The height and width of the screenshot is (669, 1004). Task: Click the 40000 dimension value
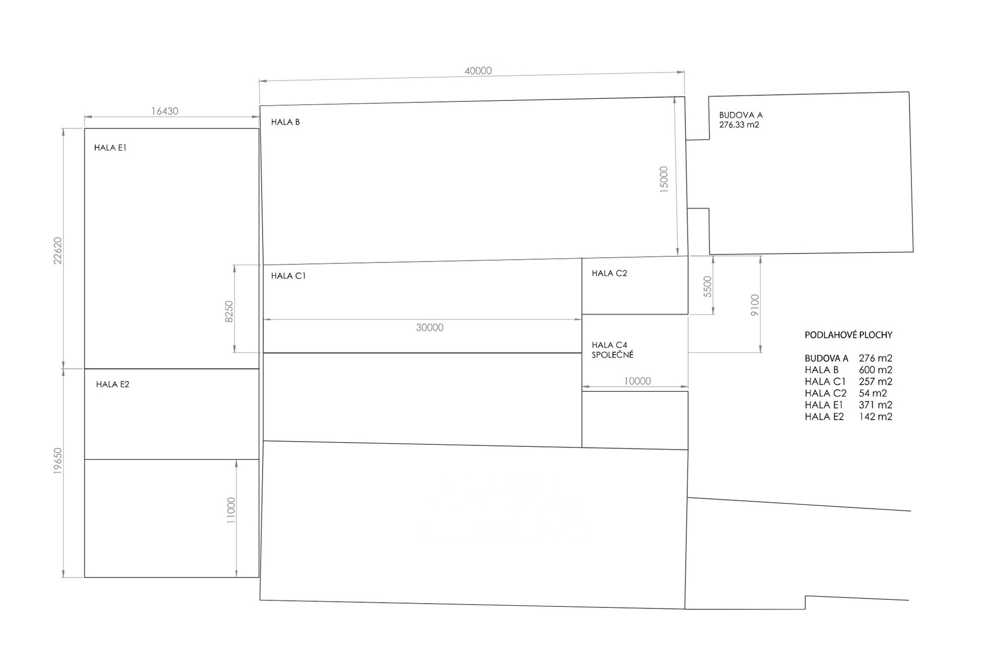(x=478, y=71)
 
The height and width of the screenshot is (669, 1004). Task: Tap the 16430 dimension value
(x=165, y=111)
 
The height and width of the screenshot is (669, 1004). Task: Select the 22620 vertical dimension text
(x=58, y=250)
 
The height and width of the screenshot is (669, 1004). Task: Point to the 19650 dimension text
(x=58, y=461)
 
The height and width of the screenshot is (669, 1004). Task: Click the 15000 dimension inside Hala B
(x=664, y=180)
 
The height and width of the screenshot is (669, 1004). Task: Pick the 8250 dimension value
(x=229, y=312)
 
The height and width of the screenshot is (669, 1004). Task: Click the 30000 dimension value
(x=430, y=328)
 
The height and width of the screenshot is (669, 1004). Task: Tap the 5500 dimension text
(x=708, y=287)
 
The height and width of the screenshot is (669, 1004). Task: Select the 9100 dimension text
(x=755, y=305)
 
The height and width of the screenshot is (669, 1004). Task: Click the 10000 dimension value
(x=637, y=382)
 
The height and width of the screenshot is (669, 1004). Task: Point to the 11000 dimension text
(x=231, y=511)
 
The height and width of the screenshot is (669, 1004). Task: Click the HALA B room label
(x=286, y=122)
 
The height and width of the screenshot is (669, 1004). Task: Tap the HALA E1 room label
(x=110, y=148)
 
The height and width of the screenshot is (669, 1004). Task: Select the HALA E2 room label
(x=112, y=385)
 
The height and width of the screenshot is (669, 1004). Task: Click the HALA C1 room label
(x=288, y=276)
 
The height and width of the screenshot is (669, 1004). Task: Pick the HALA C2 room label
(x=610, y=273)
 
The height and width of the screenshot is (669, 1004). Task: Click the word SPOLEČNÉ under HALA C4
(x=613, y=354)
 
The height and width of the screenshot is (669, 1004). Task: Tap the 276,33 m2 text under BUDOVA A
(x=739, y=125)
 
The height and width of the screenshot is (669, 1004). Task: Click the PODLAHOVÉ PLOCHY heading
(x=848, y=335)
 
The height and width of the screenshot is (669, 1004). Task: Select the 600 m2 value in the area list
(x=875, y=370)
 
